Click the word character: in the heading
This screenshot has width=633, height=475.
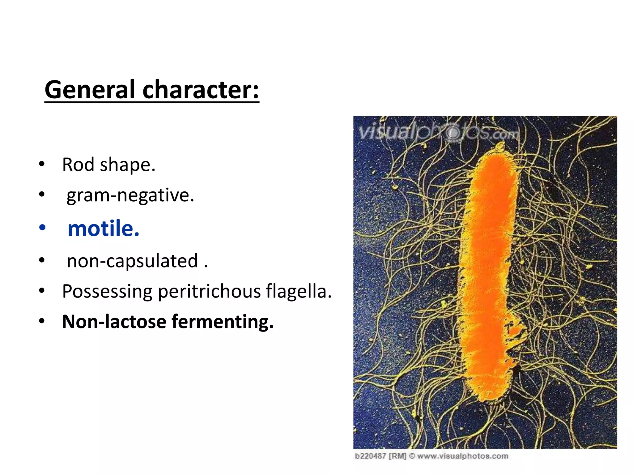click(201, 90)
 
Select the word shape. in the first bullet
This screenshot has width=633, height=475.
click(127, 165)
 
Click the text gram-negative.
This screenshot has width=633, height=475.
click(130, 195)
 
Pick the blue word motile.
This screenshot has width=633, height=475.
click(104, 229)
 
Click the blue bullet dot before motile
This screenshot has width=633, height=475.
click(42, 228)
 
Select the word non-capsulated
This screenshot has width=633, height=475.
click(132, 261)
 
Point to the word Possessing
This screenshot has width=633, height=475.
click(107, 291)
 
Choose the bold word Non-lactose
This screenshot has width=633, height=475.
click(114, 322)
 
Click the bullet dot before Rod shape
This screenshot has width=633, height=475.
click(42, 164)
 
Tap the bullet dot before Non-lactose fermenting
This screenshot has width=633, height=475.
click(42, 321)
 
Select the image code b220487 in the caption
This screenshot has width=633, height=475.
click(370, 456)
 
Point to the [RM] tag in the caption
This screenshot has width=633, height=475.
click(397, 456)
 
